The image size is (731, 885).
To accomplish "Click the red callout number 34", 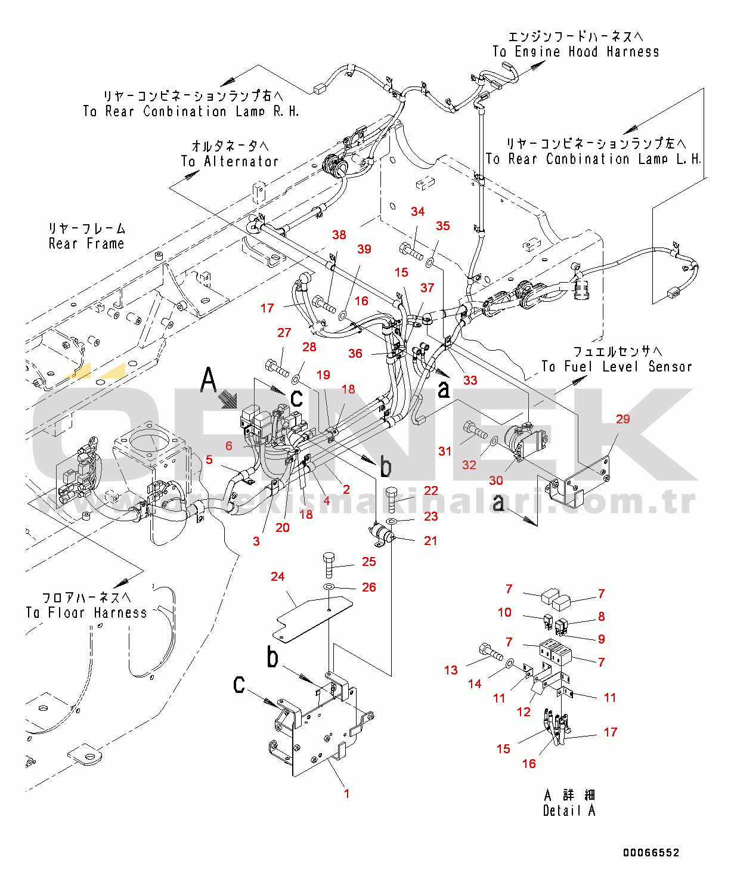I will tap(417, 212).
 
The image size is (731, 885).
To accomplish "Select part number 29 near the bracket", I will tap(622, 419).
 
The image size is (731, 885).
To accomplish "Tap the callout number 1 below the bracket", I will tap(346, 794).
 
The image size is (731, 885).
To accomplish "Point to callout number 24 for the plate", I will tap(278, 577).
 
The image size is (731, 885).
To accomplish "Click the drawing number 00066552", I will tap(651, 853).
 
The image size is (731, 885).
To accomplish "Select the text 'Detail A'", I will tap(569, 810).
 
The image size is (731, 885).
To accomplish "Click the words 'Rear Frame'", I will tap(86, 243).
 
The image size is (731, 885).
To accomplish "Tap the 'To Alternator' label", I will tap(230, 161).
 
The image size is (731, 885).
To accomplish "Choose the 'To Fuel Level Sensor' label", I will tap(617, 367).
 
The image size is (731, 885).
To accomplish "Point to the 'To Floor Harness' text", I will tap(86, 612).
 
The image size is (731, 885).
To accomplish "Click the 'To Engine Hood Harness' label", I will tap(575, 52).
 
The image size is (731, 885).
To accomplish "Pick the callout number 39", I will tap(364, 249).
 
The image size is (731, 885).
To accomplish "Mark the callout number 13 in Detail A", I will tap(451, 670).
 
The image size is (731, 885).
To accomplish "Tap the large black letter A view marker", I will tap(209, 380).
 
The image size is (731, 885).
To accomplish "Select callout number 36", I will tap(355, 354).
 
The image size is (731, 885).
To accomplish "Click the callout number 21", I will tap(430, 541).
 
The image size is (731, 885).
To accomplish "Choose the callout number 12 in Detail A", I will tap(524, 712).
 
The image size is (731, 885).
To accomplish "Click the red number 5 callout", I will tap(209, 460).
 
